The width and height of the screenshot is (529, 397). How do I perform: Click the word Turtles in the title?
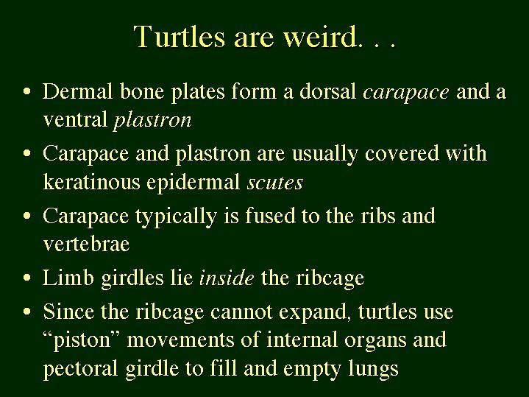179,36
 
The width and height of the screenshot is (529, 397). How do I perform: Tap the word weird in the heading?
320,36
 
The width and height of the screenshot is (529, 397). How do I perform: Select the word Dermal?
77,91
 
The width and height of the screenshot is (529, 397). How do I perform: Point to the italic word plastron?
152,121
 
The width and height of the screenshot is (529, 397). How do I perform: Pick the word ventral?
75,120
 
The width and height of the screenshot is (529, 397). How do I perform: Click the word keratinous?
91,182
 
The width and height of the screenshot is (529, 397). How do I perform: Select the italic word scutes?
275,183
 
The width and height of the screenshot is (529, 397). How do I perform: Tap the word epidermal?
193,183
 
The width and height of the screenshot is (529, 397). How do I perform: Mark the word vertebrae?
86,244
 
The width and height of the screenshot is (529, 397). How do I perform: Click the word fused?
270,216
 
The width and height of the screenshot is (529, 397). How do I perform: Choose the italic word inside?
227,278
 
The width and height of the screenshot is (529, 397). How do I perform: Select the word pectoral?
80,368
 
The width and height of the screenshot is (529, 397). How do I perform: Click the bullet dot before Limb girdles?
27,278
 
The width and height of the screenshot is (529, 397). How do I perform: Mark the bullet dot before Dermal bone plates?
27,91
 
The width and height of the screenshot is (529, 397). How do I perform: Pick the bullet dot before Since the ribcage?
27,311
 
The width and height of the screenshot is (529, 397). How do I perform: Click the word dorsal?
327,91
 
